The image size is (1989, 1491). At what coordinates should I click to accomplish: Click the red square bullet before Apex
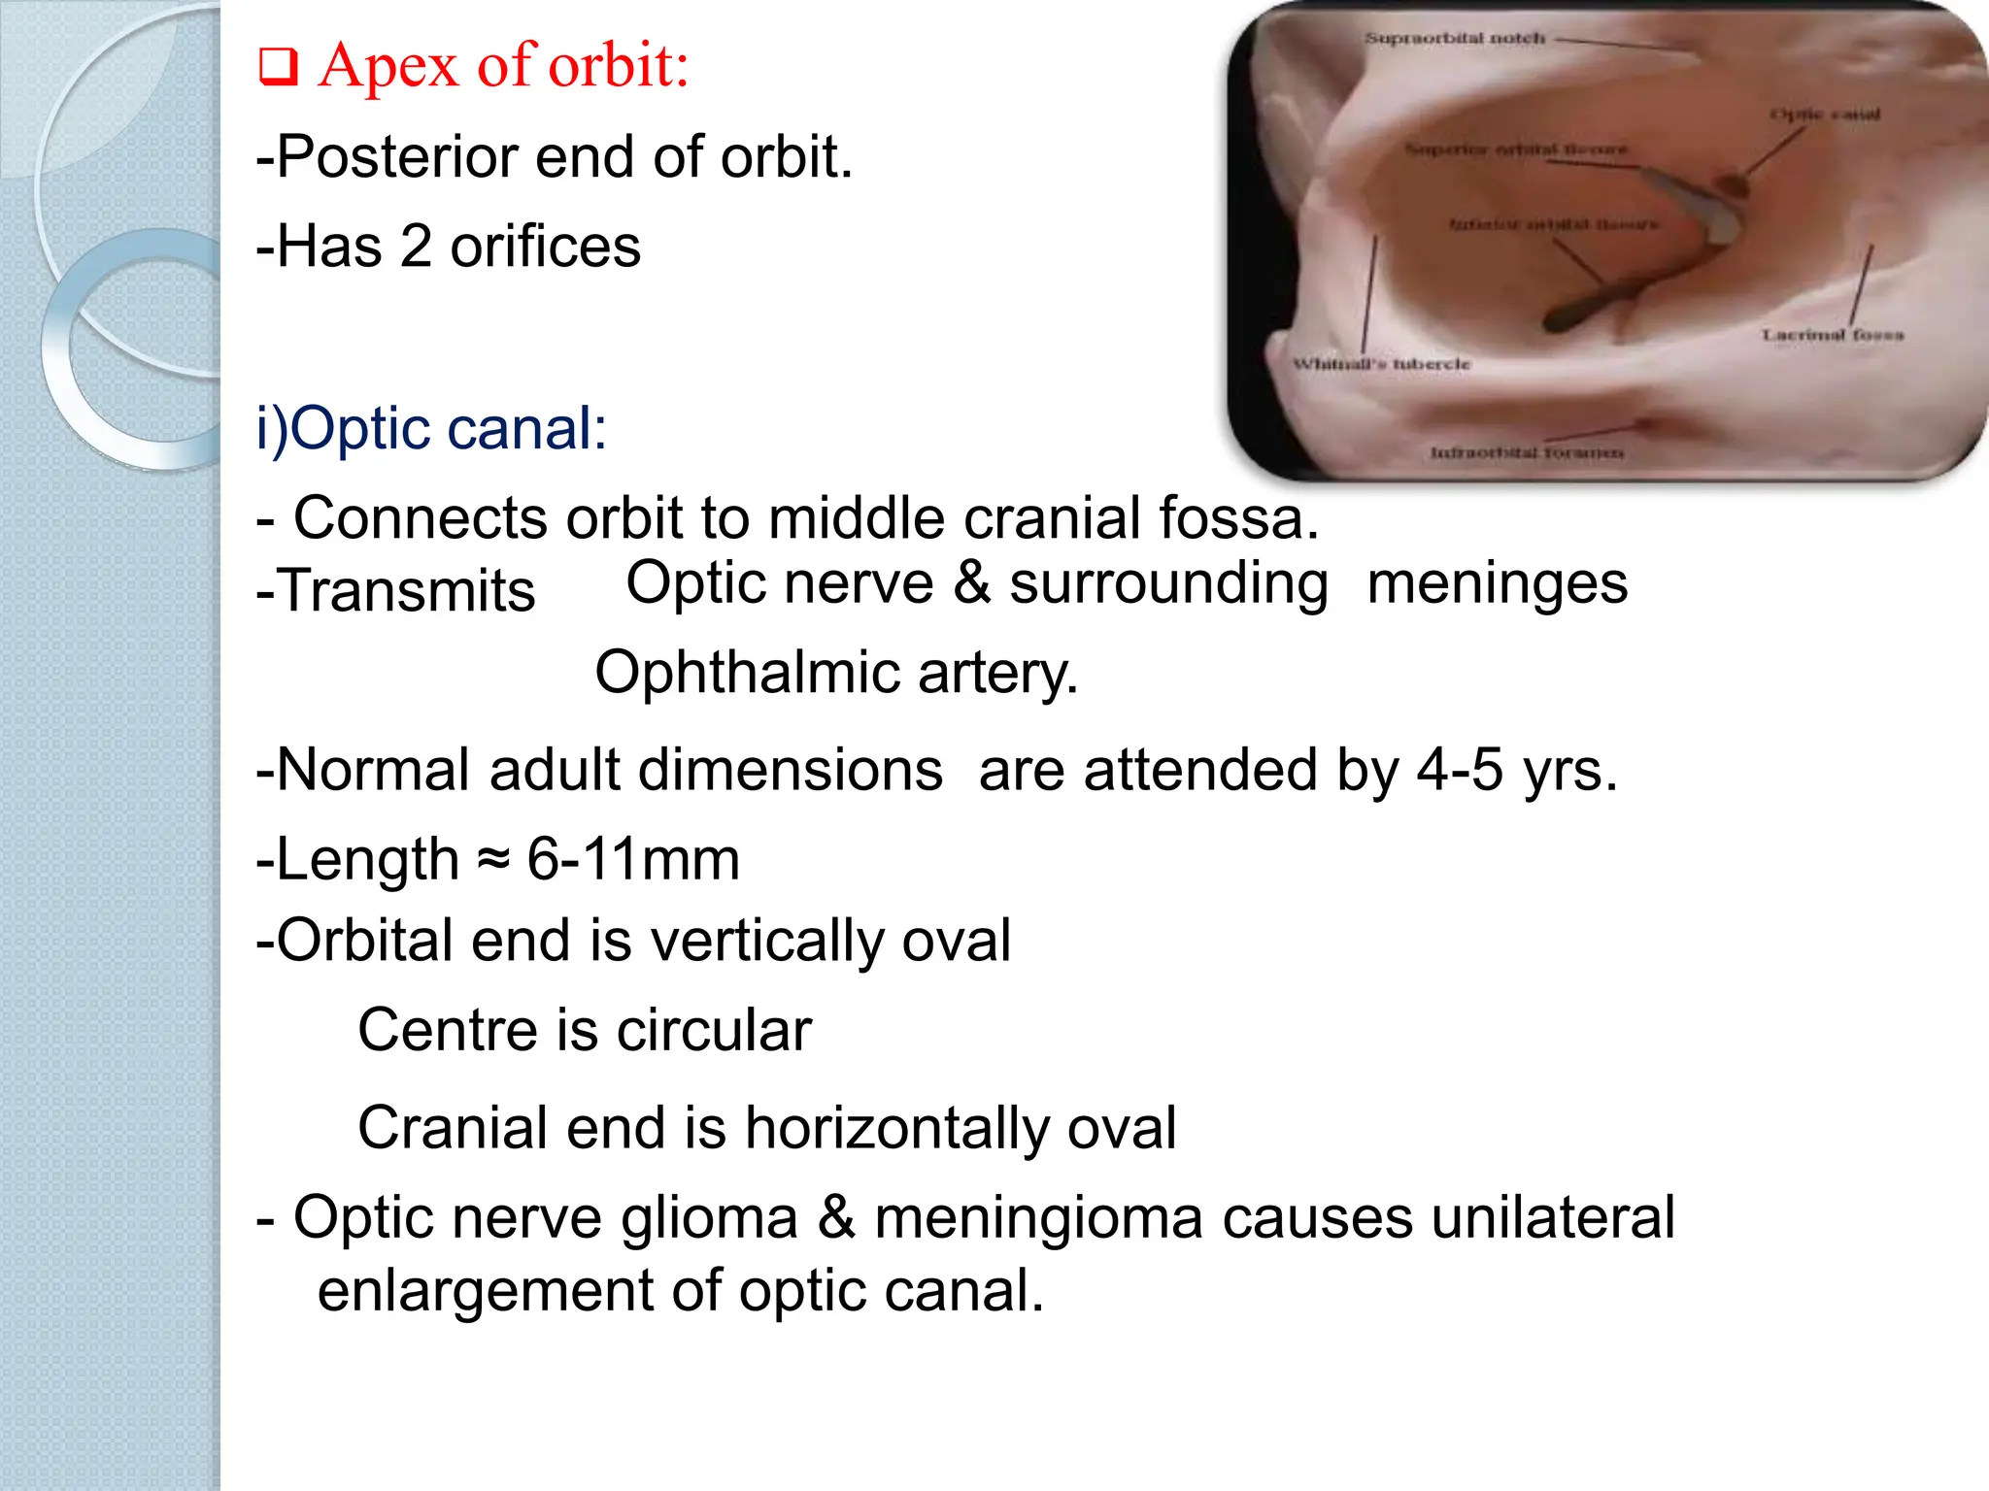pos(278,69)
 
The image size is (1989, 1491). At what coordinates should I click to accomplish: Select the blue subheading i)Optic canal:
pos(431,428)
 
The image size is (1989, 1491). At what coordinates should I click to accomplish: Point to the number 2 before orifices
pos(416,247)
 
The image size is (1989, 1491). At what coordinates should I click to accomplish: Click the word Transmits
pos(406,591)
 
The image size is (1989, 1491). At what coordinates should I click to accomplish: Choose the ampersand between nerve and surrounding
pos(971,583)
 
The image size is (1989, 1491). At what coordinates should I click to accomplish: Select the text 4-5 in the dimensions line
pos(1460,771)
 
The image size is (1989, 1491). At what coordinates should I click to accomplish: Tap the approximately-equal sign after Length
pos(494,859)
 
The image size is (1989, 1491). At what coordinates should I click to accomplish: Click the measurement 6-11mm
pos(633,859)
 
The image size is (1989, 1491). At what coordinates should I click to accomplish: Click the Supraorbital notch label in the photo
pos(1455,39)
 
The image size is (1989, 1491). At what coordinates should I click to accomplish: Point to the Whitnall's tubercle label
pos(1381,364)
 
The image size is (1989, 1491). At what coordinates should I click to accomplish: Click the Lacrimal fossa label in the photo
pos(1832,335)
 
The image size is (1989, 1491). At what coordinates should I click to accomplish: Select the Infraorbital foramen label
pos(1527,452)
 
